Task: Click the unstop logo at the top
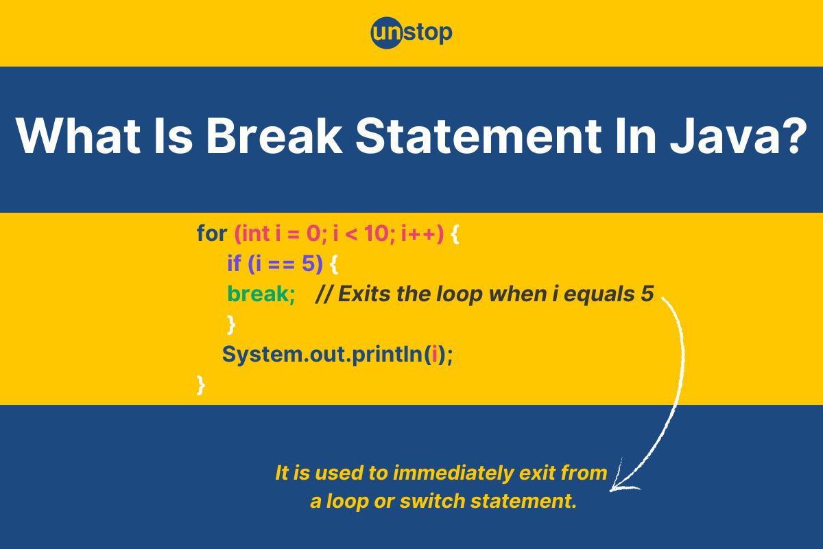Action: (x=411, y=33)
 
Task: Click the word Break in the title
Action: (x=274, y=136)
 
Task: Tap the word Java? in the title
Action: (x=739, y=136)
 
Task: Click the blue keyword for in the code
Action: (x=212, y=233)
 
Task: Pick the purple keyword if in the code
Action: (x=234, y=264)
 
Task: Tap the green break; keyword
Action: (x=261, y=294)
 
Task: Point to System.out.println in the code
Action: (x=322, y=355)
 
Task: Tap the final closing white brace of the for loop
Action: (x=200, y=385)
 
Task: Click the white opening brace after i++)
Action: (x=455, y=234)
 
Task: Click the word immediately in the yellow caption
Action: (x=453, y=473)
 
